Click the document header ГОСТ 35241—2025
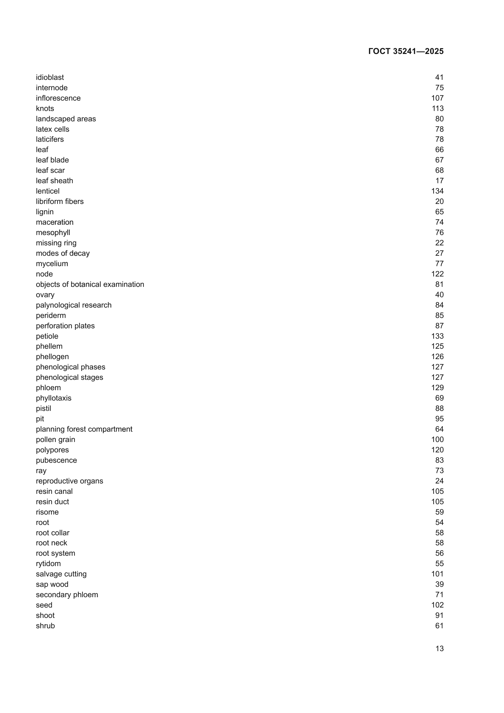click(x=406, y=51)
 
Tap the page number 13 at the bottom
click(x=439, y=649)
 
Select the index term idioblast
click(x=50, y=77)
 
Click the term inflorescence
click(x=58, y=98)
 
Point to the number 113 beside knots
click(x=437, y=109)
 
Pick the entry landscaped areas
click(x=66, y=119)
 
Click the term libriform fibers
click(x=60, y=201)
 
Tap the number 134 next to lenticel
click(x=437, y=191)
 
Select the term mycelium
click(x=52, y=264)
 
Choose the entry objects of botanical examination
click(x=90, y=284)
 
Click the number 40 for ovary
click(x=439, y=295)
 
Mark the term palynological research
click(x=73, y=305)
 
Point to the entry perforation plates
click(x=65, y=326)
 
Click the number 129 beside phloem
click(x=437, y=387)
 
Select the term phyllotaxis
click(x=53, y=398)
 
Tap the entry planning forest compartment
click(x=84, y=429)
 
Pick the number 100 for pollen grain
click(x=437, y=440)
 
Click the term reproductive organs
click(x=69, y=481)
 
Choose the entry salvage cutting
click(x=61, y=574)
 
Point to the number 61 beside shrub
click(x=439, y=626)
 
